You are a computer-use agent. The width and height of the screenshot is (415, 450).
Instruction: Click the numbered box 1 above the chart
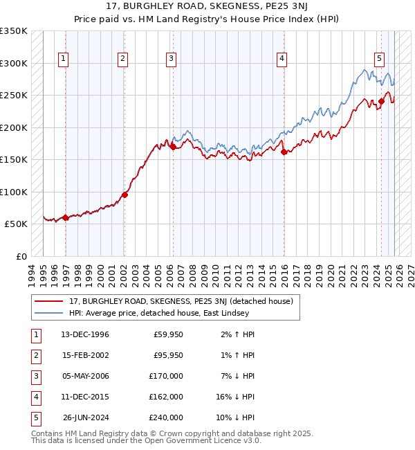click(63, 60)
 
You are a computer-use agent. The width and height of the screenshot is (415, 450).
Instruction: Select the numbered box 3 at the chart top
click(170, 60)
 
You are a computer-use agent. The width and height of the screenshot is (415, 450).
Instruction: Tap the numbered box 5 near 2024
click(380, 60)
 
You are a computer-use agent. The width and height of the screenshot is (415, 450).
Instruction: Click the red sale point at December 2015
click(284, 152)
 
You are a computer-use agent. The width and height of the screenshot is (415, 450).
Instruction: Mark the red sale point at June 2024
click(381, 102)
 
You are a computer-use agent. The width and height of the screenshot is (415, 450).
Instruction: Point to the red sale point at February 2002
click(124, 195)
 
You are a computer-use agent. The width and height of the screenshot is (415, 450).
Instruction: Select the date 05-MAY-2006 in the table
click(85, 376)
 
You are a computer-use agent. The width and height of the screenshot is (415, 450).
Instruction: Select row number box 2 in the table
click(35, 355)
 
